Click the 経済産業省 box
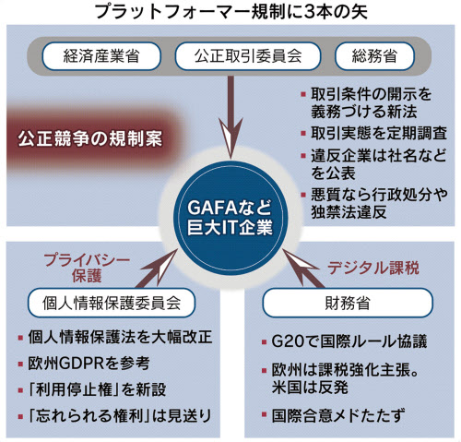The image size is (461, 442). (x=101, y=56)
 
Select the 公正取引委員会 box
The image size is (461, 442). (x=248, y=56)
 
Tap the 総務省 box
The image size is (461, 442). (x=374, y=56)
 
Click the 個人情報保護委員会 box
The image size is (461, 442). (x=112, y=303)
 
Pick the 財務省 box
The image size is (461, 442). (x=348, y=303)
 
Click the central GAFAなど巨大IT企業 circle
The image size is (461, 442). (x=230, y=218)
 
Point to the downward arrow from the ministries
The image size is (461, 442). (x=230, y=117)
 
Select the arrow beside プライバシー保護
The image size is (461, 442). (x=157, y=269)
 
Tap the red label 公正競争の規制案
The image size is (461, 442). (x=89, y=138)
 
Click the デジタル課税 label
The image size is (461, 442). (x=372, y=268)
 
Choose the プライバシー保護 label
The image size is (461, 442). (x=87, y=268)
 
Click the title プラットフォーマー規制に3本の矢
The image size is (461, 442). (x=230, y=12)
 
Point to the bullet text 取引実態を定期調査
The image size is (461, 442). (x=379, y=133)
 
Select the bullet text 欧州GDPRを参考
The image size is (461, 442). (x=89, y=364)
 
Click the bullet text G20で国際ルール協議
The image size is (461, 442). (x=349, y=341)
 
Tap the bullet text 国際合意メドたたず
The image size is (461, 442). (x=338, y=415)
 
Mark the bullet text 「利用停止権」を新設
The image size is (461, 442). (x=97, y=389)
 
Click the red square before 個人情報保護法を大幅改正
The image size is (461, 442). (x=20, y=338)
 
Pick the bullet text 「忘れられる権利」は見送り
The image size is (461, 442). (x=120, y=416)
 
